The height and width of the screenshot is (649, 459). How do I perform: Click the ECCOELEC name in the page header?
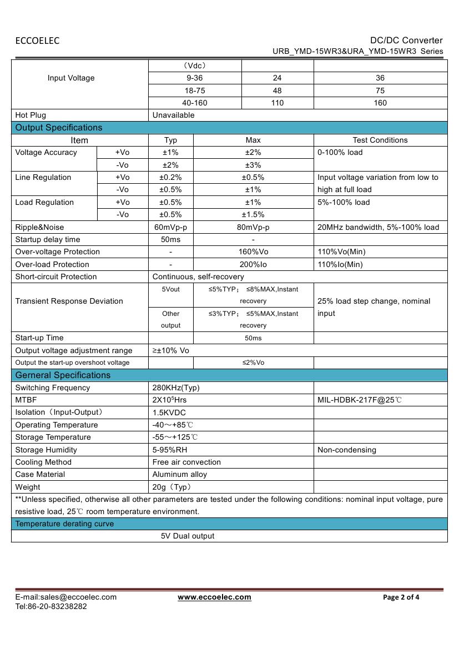click(37, 41)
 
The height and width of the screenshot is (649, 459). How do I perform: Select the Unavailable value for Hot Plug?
click(173, 115)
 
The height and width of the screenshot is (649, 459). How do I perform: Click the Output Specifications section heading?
click(59, 128)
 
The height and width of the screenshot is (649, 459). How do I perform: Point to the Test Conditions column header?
click(380, 140)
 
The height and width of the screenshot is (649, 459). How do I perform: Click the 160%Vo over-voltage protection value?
click(253, 251)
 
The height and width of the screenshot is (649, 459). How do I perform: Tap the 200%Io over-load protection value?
click(253, 264)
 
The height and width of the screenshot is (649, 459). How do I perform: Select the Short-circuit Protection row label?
click(56, 276)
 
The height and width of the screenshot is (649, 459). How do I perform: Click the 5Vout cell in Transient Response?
click(170, 289)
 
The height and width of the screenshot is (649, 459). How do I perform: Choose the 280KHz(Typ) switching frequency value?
click(176, 388)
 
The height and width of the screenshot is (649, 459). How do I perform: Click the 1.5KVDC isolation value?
click(169, 412)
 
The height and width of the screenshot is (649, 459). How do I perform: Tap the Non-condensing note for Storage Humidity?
click(347, 450)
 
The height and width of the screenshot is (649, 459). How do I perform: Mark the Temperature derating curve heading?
click(64, 524)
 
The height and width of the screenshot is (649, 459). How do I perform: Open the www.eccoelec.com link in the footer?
click(214, 597)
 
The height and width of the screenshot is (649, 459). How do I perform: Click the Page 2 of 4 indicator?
click(401, 597)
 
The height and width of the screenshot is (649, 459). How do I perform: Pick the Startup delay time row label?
click(48, 239)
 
